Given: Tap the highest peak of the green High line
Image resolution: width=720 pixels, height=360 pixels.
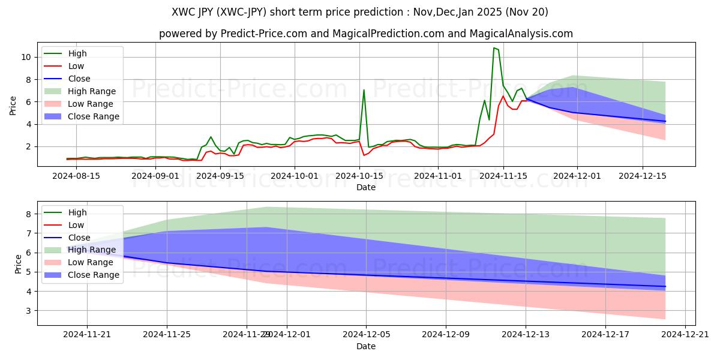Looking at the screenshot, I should pyautogui.click(x=494, y=48).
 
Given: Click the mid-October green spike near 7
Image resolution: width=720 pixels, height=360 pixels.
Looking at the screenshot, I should pyautogui.click(x=364, y=90).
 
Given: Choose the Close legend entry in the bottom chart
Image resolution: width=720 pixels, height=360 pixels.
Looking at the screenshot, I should pyautogui.click(x=80, y=238).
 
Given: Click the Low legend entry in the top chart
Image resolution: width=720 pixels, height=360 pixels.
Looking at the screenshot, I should pyautogui.click(x=76, y=66).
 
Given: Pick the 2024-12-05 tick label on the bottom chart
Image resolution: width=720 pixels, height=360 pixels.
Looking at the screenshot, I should pyautogui.click(x=366, y=335).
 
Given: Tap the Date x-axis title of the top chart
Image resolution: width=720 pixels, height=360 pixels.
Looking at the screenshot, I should pyautogui.click(x=366, y=187).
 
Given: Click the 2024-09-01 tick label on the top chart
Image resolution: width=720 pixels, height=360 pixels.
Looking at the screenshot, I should pyautogui.click(x=155, y=176).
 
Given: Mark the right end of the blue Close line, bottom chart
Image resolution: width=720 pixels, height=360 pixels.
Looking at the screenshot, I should pyautogui.click(x=665, y=287).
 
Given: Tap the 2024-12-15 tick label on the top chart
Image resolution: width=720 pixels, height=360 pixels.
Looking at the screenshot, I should pyautogui.click(x=643, y=176).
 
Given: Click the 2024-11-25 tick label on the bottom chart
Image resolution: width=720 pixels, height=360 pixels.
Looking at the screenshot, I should pyautogui.click(x=167, y=335).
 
